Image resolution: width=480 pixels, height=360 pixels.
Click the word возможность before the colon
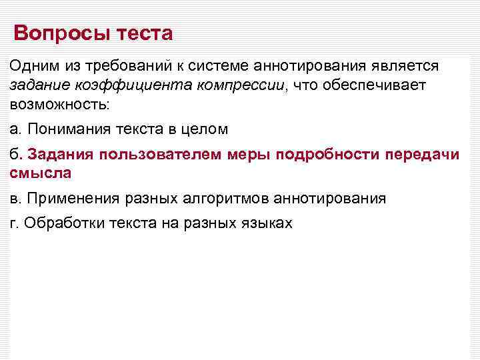pos(57,105)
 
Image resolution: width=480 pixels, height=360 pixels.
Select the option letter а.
pos(13,129)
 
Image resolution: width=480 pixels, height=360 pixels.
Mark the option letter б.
pos(14,155)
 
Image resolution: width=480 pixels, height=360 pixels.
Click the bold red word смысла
pos(40,173)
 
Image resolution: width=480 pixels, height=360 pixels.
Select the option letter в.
pos(13,198)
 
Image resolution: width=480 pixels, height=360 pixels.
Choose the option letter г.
pos(13,223)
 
